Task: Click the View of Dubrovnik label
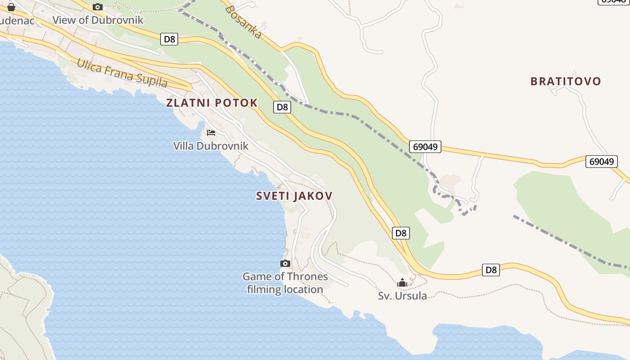point(98,20)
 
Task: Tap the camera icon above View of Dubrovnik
point(98,7)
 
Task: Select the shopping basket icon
point(11,7)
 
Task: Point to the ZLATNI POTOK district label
point(212,103)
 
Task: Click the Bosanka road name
point(243,22)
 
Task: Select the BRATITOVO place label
point(566,81)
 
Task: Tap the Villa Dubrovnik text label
point(211,146)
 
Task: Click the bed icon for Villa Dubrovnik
point(211,133)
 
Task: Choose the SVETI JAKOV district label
point(294,196)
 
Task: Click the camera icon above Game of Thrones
point(285,264)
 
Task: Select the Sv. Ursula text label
point(402,296)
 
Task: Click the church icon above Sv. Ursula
point(402,283)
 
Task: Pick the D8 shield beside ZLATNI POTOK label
point(282,107)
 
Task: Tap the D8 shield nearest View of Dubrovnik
point(169,39)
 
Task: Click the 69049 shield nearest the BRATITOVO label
point(601,162)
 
